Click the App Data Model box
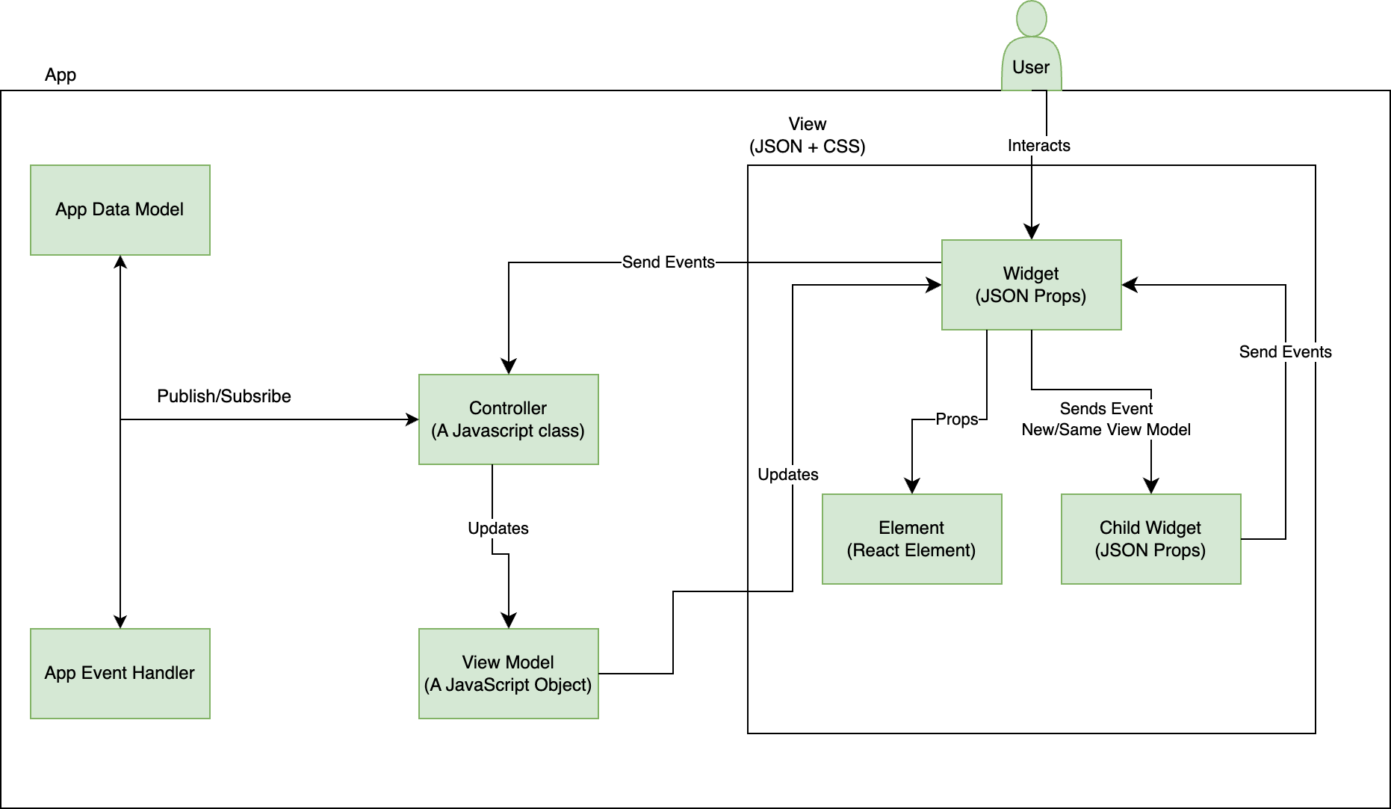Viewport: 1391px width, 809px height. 120,210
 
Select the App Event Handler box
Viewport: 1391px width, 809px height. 120,674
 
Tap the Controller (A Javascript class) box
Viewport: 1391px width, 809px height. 508,419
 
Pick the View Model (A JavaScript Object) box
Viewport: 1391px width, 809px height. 508,674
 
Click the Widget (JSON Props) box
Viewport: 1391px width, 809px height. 1031,285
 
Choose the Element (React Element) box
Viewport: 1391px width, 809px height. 911,539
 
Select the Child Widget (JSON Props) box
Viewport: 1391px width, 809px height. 1150,539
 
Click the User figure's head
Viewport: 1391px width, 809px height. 1032,18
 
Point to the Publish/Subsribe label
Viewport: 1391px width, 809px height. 224,396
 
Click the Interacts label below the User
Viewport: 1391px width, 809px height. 1038,146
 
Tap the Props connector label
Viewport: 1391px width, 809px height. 957,419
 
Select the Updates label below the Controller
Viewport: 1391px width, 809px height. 498,529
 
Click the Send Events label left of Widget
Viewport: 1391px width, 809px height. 668,262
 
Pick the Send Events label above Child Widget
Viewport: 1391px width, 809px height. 1285,352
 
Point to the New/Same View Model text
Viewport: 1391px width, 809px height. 1106,430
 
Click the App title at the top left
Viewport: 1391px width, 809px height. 61,75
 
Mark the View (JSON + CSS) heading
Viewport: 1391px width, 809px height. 807,135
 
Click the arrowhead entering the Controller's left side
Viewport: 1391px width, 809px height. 412,419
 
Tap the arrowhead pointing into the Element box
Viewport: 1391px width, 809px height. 912,487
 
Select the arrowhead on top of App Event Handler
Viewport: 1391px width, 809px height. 120,622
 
